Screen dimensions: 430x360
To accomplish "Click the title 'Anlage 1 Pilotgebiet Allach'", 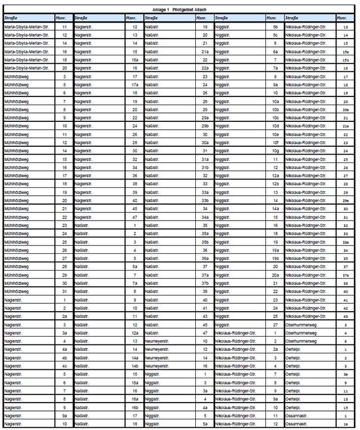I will [179, 10].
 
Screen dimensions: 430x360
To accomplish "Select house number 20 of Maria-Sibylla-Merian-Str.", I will [64, 69].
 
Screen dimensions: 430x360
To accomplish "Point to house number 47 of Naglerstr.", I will [135, 217].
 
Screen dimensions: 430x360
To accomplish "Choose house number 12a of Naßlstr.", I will [135, 333].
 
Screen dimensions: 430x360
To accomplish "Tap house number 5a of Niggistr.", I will [205, 423].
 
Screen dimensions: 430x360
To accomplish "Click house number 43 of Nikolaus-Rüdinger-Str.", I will [346, 316].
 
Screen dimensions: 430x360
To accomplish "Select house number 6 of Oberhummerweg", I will [346, 341].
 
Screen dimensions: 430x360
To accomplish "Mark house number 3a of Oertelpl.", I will [346, 374].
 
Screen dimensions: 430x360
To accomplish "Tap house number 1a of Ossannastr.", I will [346, 423].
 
